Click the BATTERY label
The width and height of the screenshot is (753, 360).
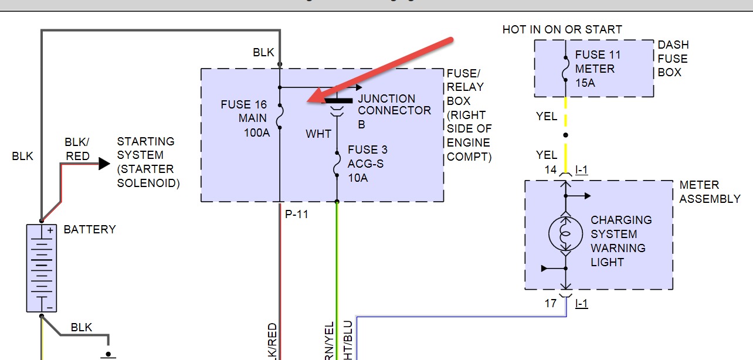(x=90, y=229)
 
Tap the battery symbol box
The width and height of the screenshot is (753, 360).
(x=41, y=268)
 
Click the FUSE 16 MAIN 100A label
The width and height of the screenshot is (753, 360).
(x=244, y=119)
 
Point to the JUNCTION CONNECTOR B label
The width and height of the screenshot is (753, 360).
(x=394, y=111)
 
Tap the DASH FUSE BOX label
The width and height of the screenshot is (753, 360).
(x=673, y=59)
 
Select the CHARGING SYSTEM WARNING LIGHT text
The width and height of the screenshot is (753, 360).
(x=620, y=241)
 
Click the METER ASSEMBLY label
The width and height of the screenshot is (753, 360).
(x=710, y=192)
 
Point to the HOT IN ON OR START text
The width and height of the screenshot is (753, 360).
(x=562, y=29)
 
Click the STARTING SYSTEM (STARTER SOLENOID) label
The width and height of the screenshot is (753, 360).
(x=148, y=162)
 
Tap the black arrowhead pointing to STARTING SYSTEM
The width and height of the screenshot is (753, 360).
(x=104, y=164)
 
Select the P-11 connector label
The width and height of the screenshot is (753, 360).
(x=297, y=215)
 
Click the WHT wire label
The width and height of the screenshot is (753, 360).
(x=318, y=134)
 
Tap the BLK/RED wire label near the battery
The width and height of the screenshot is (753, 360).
(x=77, y=149)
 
